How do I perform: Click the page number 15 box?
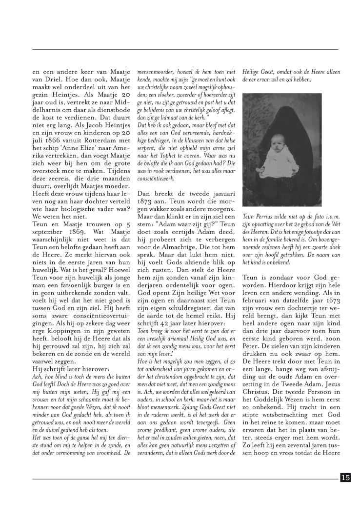(x=345, y=478)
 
